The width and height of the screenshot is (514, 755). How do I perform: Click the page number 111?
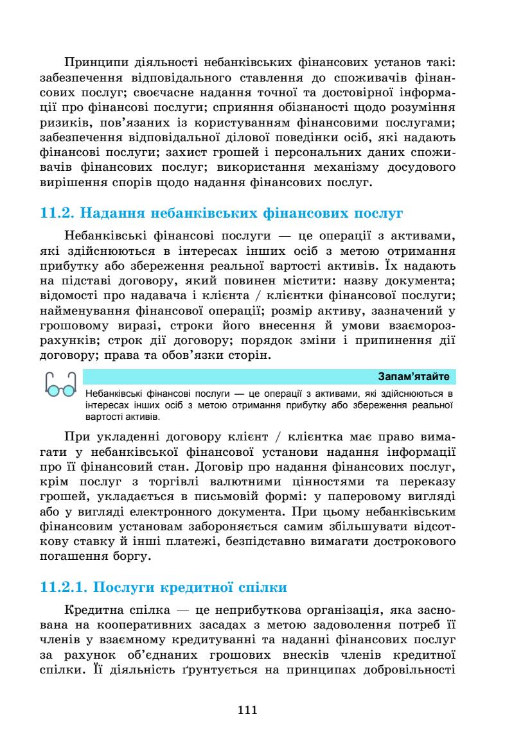point(247,709)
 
